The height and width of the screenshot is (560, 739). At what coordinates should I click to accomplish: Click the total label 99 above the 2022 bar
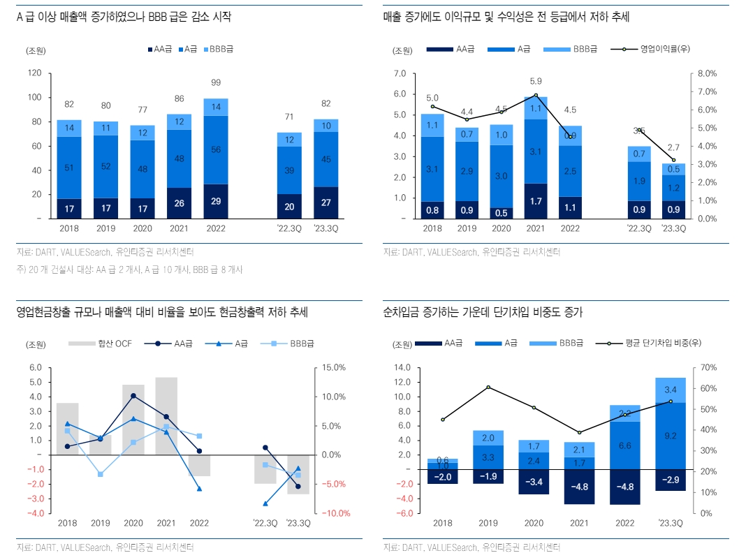[x=216, y=82]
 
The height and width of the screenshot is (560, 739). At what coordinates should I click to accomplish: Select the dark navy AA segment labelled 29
[x=216, y=201]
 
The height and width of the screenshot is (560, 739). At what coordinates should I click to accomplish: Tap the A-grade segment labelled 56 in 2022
[x=216, y=149]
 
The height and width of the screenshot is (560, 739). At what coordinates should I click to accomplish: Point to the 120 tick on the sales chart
[x=35, y=73]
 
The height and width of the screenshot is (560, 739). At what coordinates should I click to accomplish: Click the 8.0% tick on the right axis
[x=707, y=73]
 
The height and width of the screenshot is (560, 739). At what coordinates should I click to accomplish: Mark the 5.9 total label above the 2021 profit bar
[x=536, y=82]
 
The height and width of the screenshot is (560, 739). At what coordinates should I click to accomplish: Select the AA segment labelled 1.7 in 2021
[x=536, y=201]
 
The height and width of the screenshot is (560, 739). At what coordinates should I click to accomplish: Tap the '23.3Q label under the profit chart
[x=674, y=228]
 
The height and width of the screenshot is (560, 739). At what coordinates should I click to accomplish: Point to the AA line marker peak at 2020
[x=133, y=396]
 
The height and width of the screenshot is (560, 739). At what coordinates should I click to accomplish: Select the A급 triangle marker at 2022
[x=199, y=489]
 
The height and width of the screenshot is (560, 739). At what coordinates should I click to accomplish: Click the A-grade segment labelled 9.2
[x=670, y=436]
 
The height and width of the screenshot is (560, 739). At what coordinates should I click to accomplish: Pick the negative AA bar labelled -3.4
[x=534, y=482]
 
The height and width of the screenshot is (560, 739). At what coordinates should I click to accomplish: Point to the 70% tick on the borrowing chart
[x=706, y=367]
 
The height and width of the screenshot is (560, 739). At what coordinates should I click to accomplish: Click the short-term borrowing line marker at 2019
[x=489, y=387]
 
